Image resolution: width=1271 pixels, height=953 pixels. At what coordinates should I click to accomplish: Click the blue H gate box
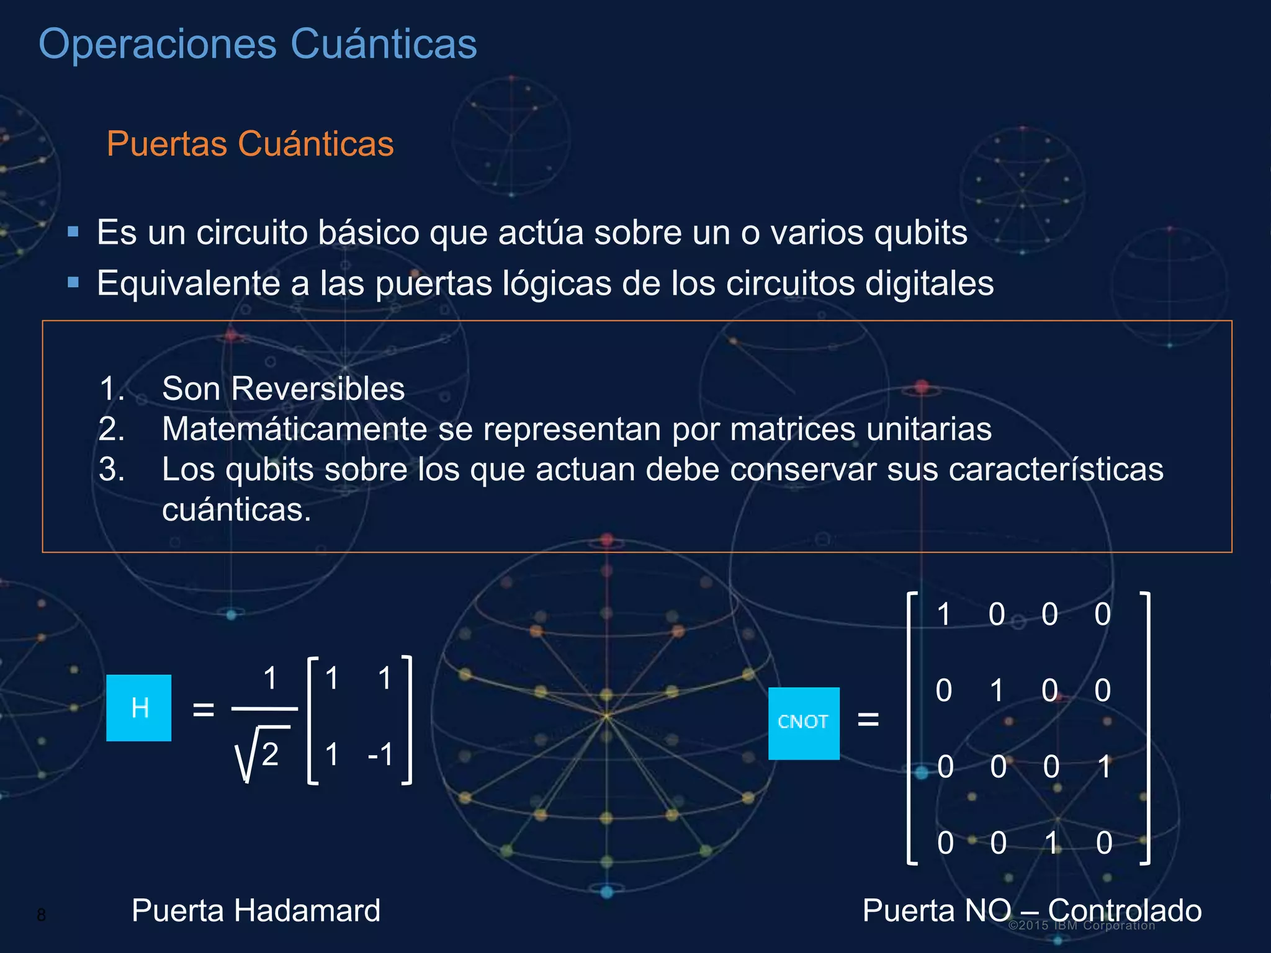click(x=138, y=707)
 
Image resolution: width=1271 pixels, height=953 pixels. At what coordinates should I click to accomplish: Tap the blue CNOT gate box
click(x=804, y=723)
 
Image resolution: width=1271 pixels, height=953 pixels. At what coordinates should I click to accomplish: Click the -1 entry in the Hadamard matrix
click(x=381, y=754)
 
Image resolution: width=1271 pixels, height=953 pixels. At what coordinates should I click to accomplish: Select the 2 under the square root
click(x=270, y=754)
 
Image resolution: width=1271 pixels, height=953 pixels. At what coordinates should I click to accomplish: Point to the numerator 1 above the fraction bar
click(x=270, y=678)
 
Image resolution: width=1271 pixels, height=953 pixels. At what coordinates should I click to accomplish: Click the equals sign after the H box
click(x=204, y=709)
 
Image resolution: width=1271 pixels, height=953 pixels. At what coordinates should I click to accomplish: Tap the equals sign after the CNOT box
click(x=868, y=720)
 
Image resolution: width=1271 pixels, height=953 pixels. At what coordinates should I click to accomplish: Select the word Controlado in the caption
click(x=1125, y=911)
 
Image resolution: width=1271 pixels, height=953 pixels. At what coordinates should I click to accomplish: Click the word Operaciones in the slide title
click(x=158, y=44)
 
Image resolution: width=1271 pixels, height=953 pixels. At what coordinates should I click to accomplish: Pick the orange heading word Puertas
click(x=167, y=144)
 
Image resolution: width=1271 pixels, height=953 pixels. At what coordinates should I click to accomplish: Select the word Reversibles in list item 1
click(x=317, y=389)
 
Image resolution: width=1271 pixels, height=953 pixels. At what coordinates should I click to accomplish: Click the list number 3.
click(x=111, y=470)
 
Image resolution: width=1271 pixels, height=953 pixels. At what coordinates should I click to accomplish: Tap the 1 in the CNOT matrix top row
click(x=944, y=614)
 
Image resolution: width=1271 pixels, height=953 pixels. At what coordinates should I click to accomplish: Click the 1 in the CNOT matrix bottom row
click(x=1051, y=843)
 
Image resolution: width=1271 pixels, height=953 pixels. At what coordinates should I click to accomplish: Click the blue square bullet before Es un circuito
click(x=73, y=232)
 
